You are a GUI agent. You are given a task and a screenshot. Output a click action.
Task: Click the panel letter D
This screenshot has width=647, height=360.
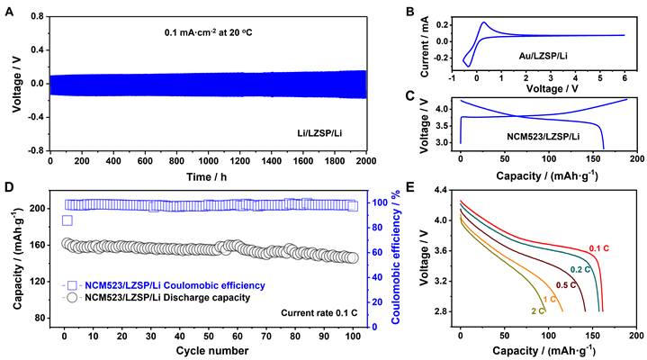[8, 188]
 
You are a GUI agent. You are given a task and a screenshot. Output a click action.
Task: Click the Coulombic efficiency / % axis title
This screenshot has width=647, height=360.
[396, 257]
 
